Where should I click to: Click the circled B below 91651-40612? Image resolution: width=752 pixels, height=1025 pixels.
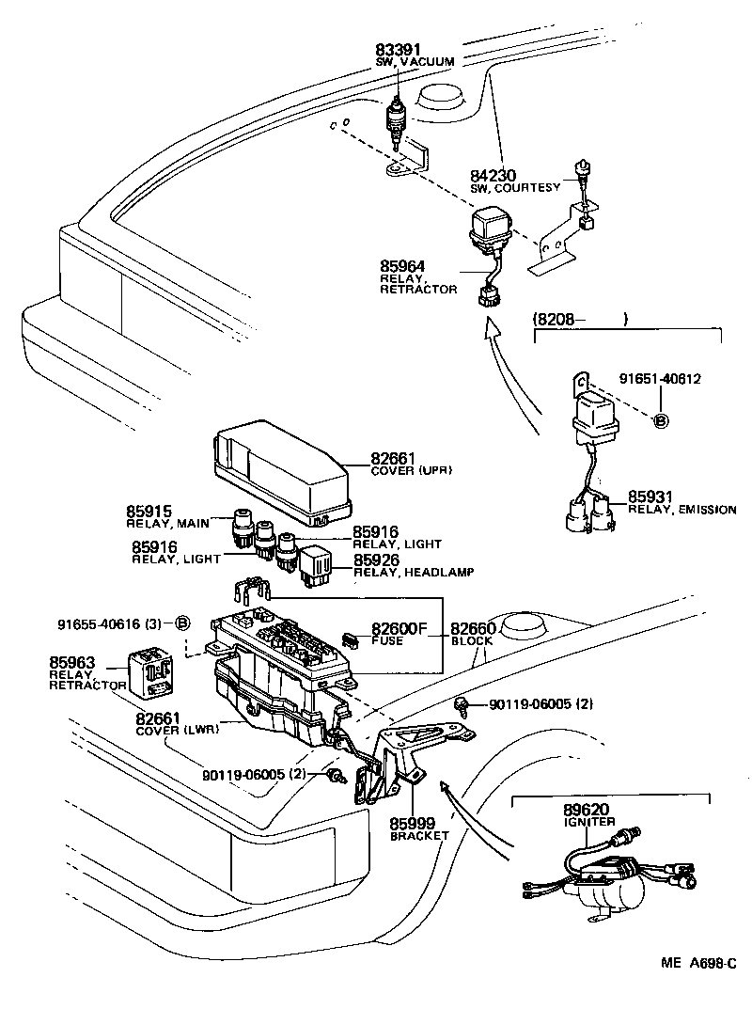coord(661,420)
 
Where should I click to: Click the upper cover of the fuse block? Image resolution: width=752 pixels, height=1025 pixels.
coord(283,476)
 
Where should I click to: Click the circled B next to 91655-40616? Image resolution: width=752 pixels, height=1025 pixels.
coord(183,623)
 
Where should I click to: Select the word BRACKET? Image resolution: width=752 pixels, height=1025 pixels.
coord(420,835)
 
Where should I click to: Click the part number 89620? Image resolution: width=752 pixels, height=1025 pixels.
coord(587,809)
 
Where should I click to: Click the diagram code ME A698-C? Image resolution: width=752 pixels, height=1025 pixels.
coord(697,963)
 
